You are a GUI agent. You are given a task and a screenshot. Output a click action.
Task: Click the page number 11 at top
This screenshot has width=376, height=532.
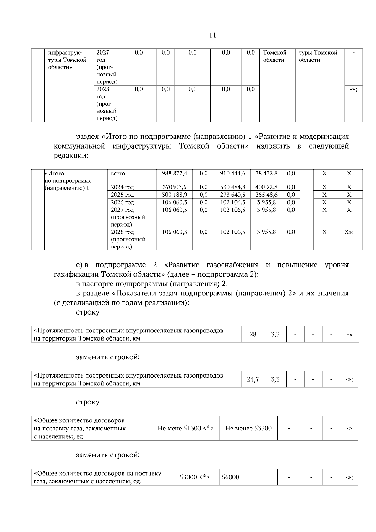(x=212, y=35)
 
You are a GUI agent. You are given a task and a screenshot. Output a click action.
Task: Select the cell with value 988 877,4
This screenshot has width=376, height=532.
(x=175, y=173)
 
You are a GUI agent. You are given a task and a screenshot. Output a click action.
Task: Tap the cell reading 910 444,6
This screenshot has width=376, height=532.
(x=232, y=173)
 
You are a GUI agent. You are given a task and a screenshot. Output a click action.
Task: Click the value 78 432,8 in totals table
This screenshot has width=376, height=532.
(x=266, y=173)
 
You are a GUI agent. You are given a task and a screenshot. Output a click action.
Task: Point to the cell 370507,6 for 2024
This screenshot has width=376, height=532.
(x=175, y=187)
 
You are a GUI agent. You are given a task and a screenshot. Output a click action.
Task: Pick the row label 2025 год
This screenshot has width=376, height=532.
(x=123, y=195)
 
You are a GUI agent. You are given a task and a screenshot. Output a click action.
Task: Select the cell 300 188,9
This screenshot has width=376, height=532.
(x=175, y=195)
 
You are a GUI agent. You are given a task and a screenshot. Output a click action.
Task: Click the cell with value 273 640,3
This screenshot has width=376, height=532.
(x=232, y=195)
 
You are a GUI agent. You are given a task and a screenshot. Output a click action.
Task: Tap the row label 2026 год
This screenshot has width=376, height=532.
(x=123, y=202)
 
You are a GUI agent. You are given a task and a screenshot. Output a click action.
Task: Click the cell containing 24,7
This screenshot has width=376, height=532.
(x=253, y=379)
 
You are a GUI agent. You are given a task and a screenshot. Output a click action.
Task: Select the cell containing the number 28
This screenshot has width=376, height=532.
(x=253, y=334)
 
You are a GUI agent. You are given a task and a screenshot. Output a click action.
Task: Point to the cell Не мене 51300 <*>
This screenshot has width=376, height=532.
(x=185, y=428)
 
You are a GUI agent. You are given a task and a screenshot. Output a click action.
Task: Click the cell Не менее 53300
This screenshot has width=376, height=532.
(x=248, y=428)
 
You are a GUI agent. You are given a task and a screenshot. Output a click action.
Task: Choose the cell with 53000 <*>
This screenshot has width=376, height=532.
(x=195, y=477)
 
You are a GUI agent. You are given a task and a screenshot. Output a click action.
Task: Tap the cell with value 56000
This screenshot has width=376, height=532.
(x=231, y=477)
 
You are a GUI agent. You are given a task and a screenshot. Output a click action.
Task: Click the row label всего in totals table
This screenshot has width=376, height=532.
(x=118, y=173)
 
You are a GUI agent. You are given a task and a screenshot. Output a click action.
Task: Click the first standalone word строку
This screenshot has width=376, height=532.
(x=88, y=312)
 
